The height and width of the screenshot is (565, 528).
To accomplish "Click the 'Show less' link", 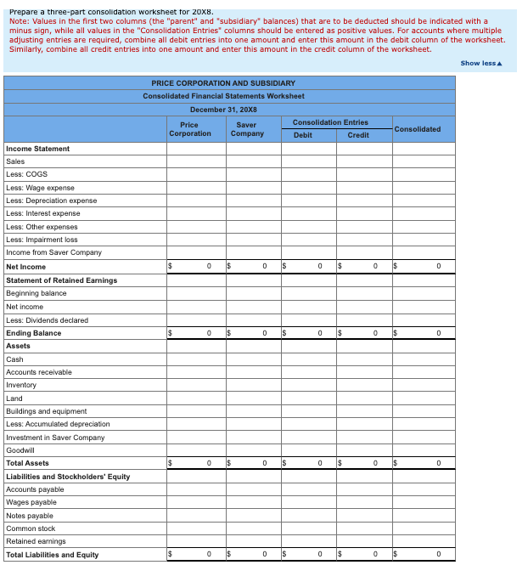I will click(x=480, y=64).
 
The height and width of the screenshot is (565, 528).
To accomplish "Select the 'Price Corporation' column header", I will click(x=189, y=129).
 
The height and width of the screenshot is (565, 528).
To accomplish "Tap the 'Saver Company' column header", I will click(x=247, y=129).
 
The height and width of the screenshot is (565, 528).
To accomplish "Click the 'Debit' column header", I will click(x=302, y=135).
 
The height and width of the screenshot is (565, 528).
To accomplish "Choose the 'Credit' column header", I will click(x=358, y=135).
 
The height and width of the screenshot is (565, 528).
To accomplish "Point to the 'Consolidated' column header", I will click(x=418, y=129).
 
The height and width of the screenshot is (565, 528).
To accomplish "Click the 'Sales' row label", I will click(x=15, y=161).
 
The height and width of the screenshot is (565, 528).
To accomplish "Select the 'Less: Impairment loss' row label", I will click(x=42, y=240).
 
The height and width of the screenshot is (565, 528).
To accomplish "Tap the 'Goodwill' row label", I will click(x=20, y=450).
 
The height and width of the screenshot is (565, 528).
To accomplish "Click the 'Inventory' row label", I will click(x=21, y=385).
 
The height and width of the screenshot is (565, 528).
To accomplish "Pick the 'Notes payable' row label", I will click(x=30, y=516).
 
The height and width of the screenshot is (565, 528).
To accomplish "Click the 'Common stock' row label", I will click(x=31, y=528).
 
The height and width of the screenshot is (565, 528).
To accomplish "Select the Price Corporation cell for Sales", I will click(x=196, y=161).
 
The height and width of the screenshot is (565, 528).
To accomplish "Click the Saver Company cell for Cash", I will click(x=254, y=359).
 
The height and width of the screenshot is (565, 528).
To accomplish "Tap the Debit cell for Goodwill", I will click(x=309, y=450).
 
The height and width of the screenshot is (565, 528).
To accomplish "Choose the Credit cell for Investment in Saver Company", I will click(x=364, y=438).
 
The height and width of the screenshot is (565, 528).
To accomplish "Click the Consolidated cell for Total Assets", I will click(x=424, y=463).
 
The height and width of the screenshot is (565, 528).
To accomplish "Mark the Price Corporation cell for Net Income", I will click(x=196, y=266).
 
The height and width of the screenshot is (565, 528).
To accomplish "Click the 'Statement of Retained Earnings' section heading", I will click(x=61, y=280).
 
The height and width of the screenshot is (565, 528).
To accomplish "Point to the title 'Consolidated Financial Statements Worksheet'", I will click(x=224, y=96).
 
